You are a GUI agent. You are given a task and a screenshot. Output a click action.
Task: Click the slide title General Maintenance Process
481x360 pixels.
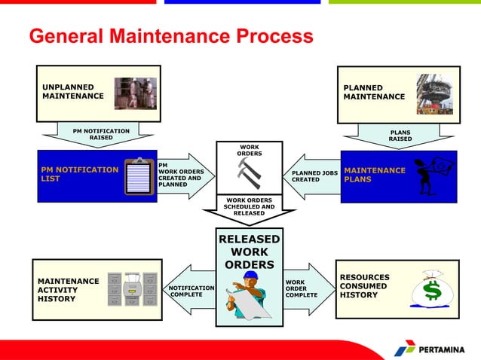(x=170, y=36)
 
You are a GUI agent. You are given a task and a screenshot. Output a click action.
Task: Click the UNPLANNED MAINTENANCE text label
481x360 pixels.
(x=73, y=92)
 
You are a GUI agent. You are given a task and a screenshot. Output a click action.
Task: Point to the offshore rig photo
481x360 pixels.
(x=435, y=92)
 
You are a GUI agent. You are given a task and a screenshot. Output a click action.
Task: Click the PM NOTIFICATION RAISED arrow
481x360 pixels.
(x=100, y=136)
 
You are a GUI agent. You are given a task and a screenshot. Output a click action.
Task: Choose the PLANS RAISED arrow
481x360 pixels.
(x=400, y=136)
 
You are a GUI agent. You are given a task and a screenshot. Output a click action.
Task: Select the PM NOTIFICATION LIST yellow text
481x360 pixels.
(x=78, y=175)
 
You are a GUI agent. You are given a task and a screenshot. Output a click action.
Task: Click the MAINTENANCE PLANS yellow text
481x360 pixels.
(x=375, y=175)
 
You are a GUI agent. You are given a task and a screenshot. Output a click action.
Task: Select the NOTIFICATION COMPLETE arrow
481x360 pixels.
(x=189, y=290)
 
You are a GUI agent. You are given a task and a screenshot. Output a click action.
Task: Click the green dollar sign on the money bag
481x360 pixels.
(x=432, y=290)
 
